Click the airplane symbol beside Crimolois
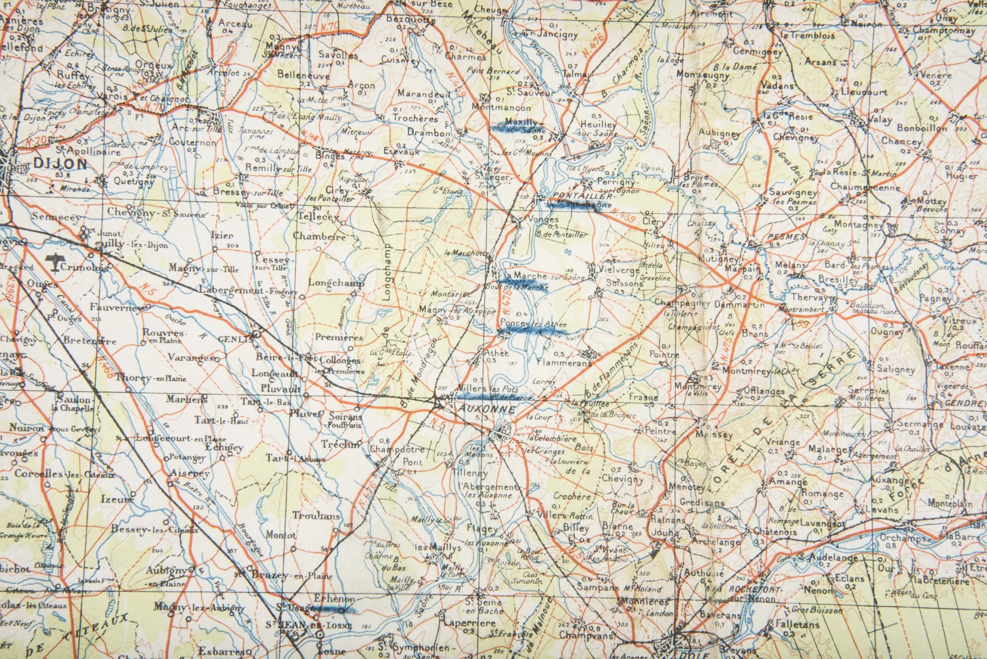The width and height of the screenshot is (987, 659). click(52, 262)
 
